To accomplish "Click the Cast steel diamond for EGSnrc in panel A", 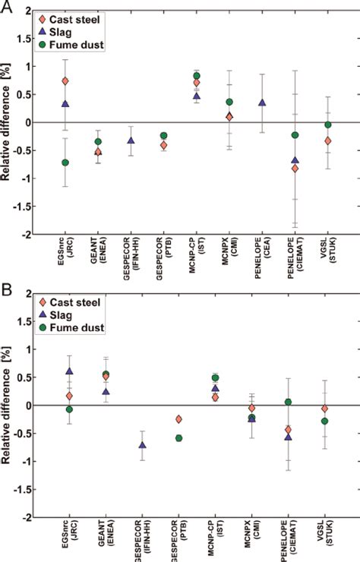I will pos(65,81).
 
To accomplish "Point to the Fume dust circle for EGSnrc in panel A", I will pos(65,163).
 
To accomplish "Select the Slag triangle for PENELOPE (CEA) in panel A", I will pos(262,103).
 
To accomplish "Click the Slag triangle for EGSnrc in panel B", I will pos(69,371).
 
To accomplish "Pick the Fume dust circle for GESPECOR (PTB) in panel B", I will pos(178,438).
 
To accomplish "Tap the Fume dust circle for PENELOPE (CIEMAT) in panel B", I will pos(288,402).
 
